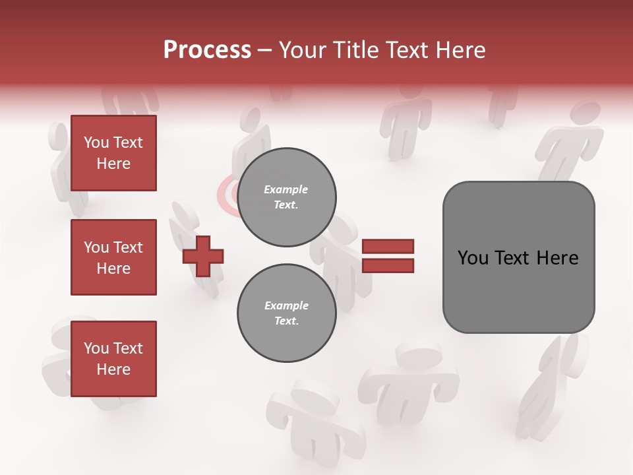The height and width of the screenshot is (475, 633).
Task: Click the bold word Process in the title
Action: click(x=207, y=50)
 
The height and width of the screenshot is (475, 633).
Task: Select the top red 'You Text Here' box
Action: click(x=113, y=153)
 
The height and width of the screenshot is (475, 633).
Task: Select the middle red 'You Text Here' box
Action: click(x=113, y=257)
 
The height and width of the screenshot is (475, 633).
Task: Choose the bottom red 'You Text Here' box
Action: click(x=113, y=359)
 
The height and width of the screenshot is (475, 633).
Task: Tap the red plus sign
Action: click(x=203, y=256)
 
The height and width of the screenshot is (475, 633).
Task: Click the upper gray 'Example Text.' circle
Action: click(x=286, y=197)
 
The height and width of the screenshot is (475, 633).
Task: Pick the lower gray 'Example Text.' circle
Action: click(x=286, y=313)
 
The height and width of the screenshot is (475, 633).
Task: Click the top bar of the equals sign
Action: click(x=388, y=247)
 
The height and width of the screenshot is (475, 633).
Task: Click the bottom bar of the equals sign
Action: click(x=388, y=265)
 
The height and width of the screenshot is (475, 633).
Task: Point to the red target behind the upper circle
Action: click(x=227, y=195)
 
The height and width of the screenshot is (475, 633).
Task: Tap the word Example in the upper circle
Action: click(x=286, y=189)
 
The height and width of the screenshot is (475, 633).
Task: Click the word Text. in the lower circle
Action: click(x=286, y=321)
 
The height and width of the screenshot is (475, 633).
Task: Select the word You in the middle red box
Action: click(x=95, y=247)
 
